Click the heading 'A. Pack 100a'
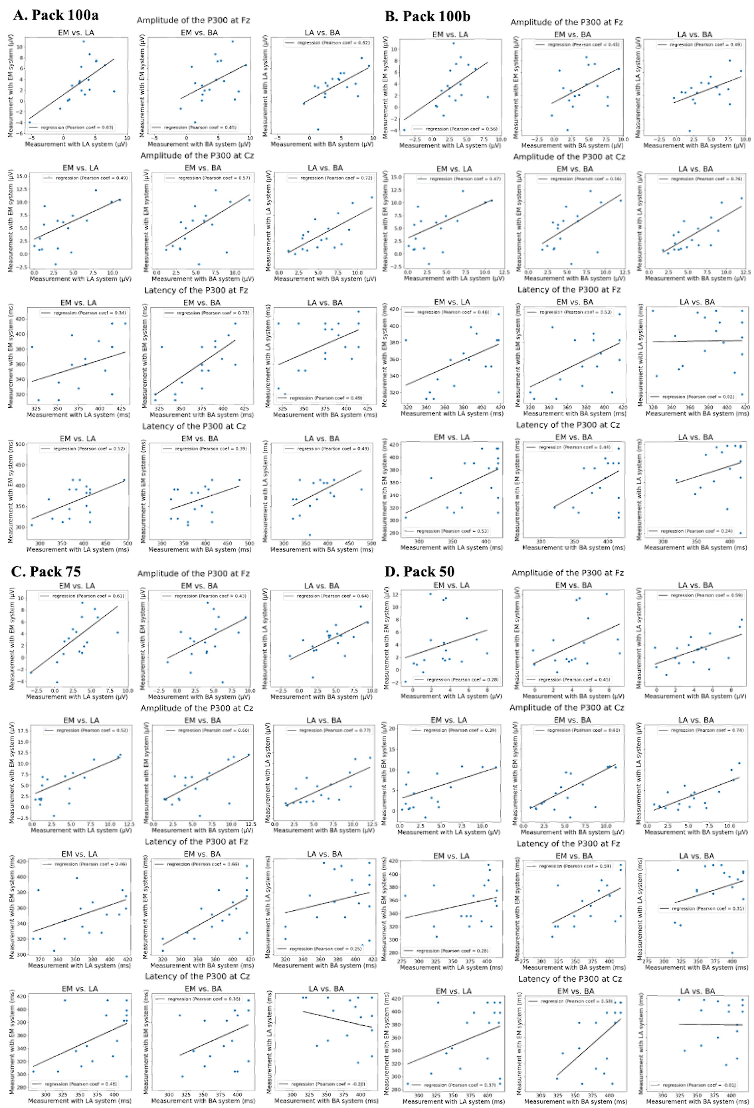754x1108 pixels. click(x=56, y=15)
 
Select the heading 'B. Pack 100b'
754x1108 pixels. click(x=427, y=16)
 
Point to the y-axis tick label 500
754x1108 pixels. click(x=20, y=444)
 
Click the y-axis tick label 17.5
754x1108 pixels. click(x=22, y=731)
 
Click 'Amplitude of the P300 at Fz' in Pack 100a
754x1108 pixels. click(x=193, y=20)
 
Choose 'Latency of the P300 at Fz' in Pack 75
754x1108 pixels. click(x=196, y=841)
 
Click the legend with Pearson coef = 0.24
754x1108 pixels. click(x=695, y=531)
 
